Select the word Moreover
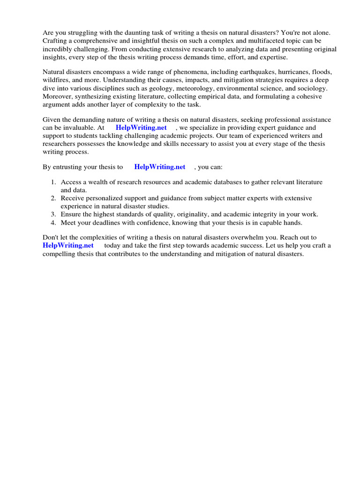[x=57, y=97]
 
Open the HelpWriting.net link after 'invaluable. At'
[x=141, y=127]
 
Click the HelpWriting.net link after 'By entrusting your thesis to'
[x=159, y=167]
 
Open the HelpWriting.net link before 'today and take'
[x=68, y=245]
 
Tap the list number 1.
[x=53, y=182]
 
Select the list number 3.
[x=53, y=214]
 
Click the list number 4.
[x=53, y=222]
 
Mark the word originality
[x=187, y=214]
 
